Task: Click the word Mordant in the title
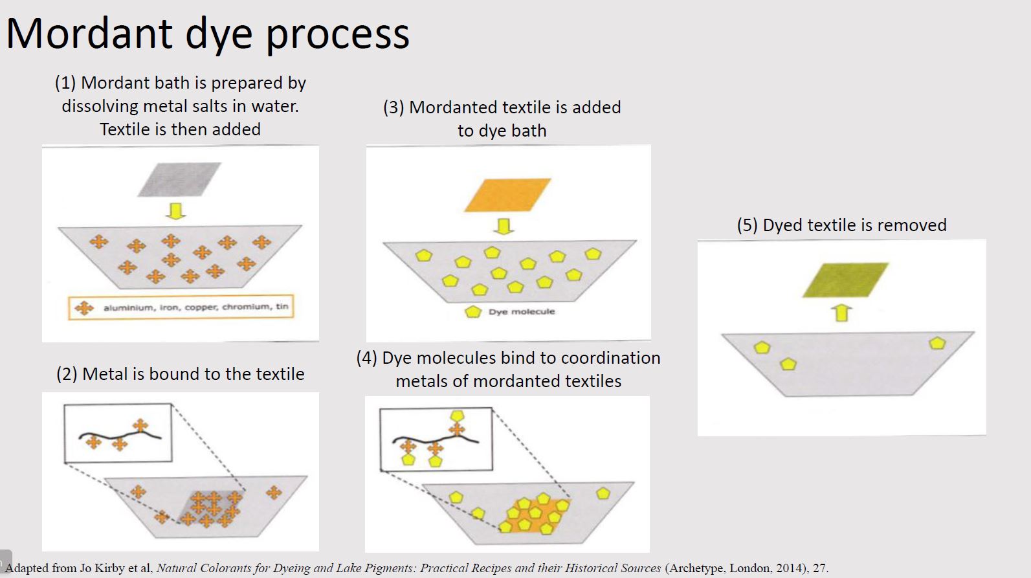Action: pos(89,33)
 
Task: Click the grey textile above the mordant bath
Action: pos(179,179)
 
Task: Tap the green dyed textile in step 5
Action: pos(845,280)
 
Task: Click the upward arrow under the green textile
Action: pos(841,313)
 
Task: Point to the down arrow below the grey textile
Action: pos(175,211)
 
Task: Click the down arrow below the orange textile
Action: pos(503,226)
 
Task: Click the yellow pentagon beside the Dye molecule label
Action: pos(473,311)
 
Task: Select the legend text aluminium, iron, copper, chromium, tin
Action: pos(195,307)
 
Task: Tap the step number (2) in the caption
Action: pos(67,374)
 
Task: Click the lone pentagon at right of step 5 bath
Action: pos(937,343)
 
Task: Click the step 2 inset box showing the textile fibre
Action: pos(118,432)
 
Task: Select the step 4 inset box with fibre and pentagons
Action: pos(435,439)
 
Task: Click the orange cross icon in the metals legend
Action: pos(84,307)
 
